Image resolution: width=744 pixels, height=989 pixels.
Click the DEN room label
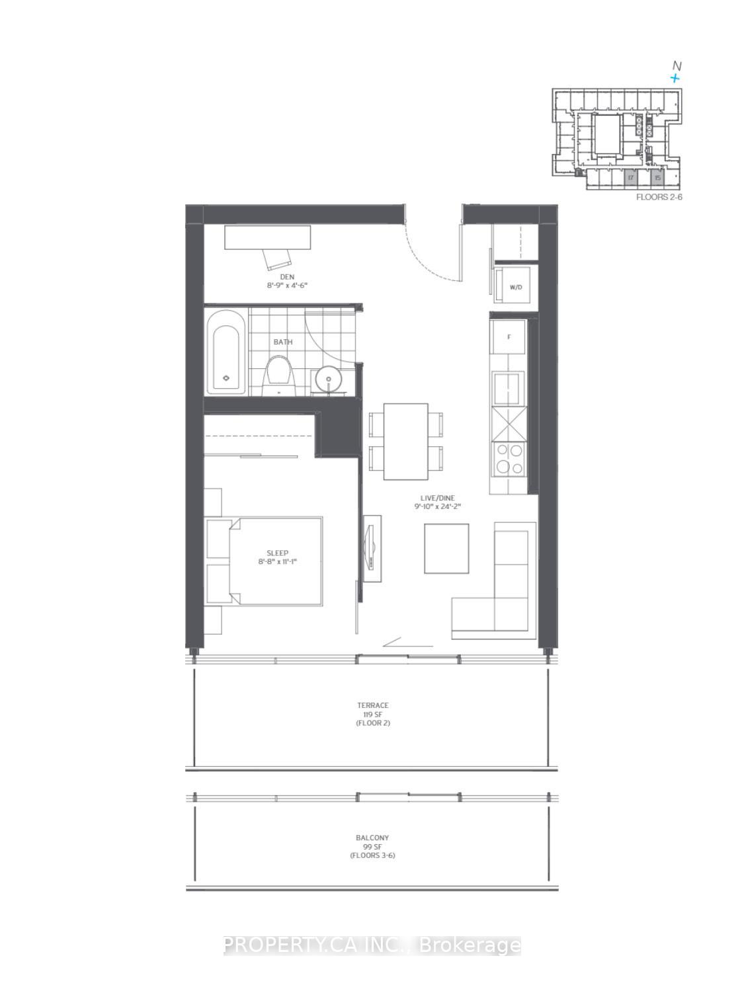(286, 276)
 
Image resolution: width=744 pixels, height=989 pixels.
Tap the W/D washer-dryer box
(517, 287)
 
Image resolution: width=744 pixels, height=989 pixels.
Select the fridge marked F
(509, 337)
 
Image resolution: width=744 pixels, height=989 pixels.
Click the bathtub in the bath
(226, 354)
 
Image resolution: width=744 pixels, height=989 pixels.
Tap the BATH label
(283, 342)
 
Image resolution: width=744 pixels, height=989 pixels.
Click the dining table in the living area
(405, 442)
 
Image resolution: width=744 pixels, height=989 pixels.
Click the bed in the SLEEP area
(276, 560)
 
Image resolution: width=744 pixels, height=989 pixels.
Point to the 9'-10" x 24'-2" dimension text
(437, 506)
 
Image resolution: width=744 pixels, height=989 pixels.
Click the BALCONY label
(372, 838)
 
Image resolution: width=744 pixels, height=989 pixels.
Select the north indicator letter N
(676, 65)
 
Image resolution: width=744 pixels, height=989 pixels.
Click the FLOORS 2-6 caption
(657, 197)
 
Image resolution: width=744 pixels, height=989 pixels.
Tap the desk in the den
(267, 237)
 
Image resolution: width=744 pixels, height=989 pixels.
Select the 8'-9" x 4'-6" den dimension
(284, 286)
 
